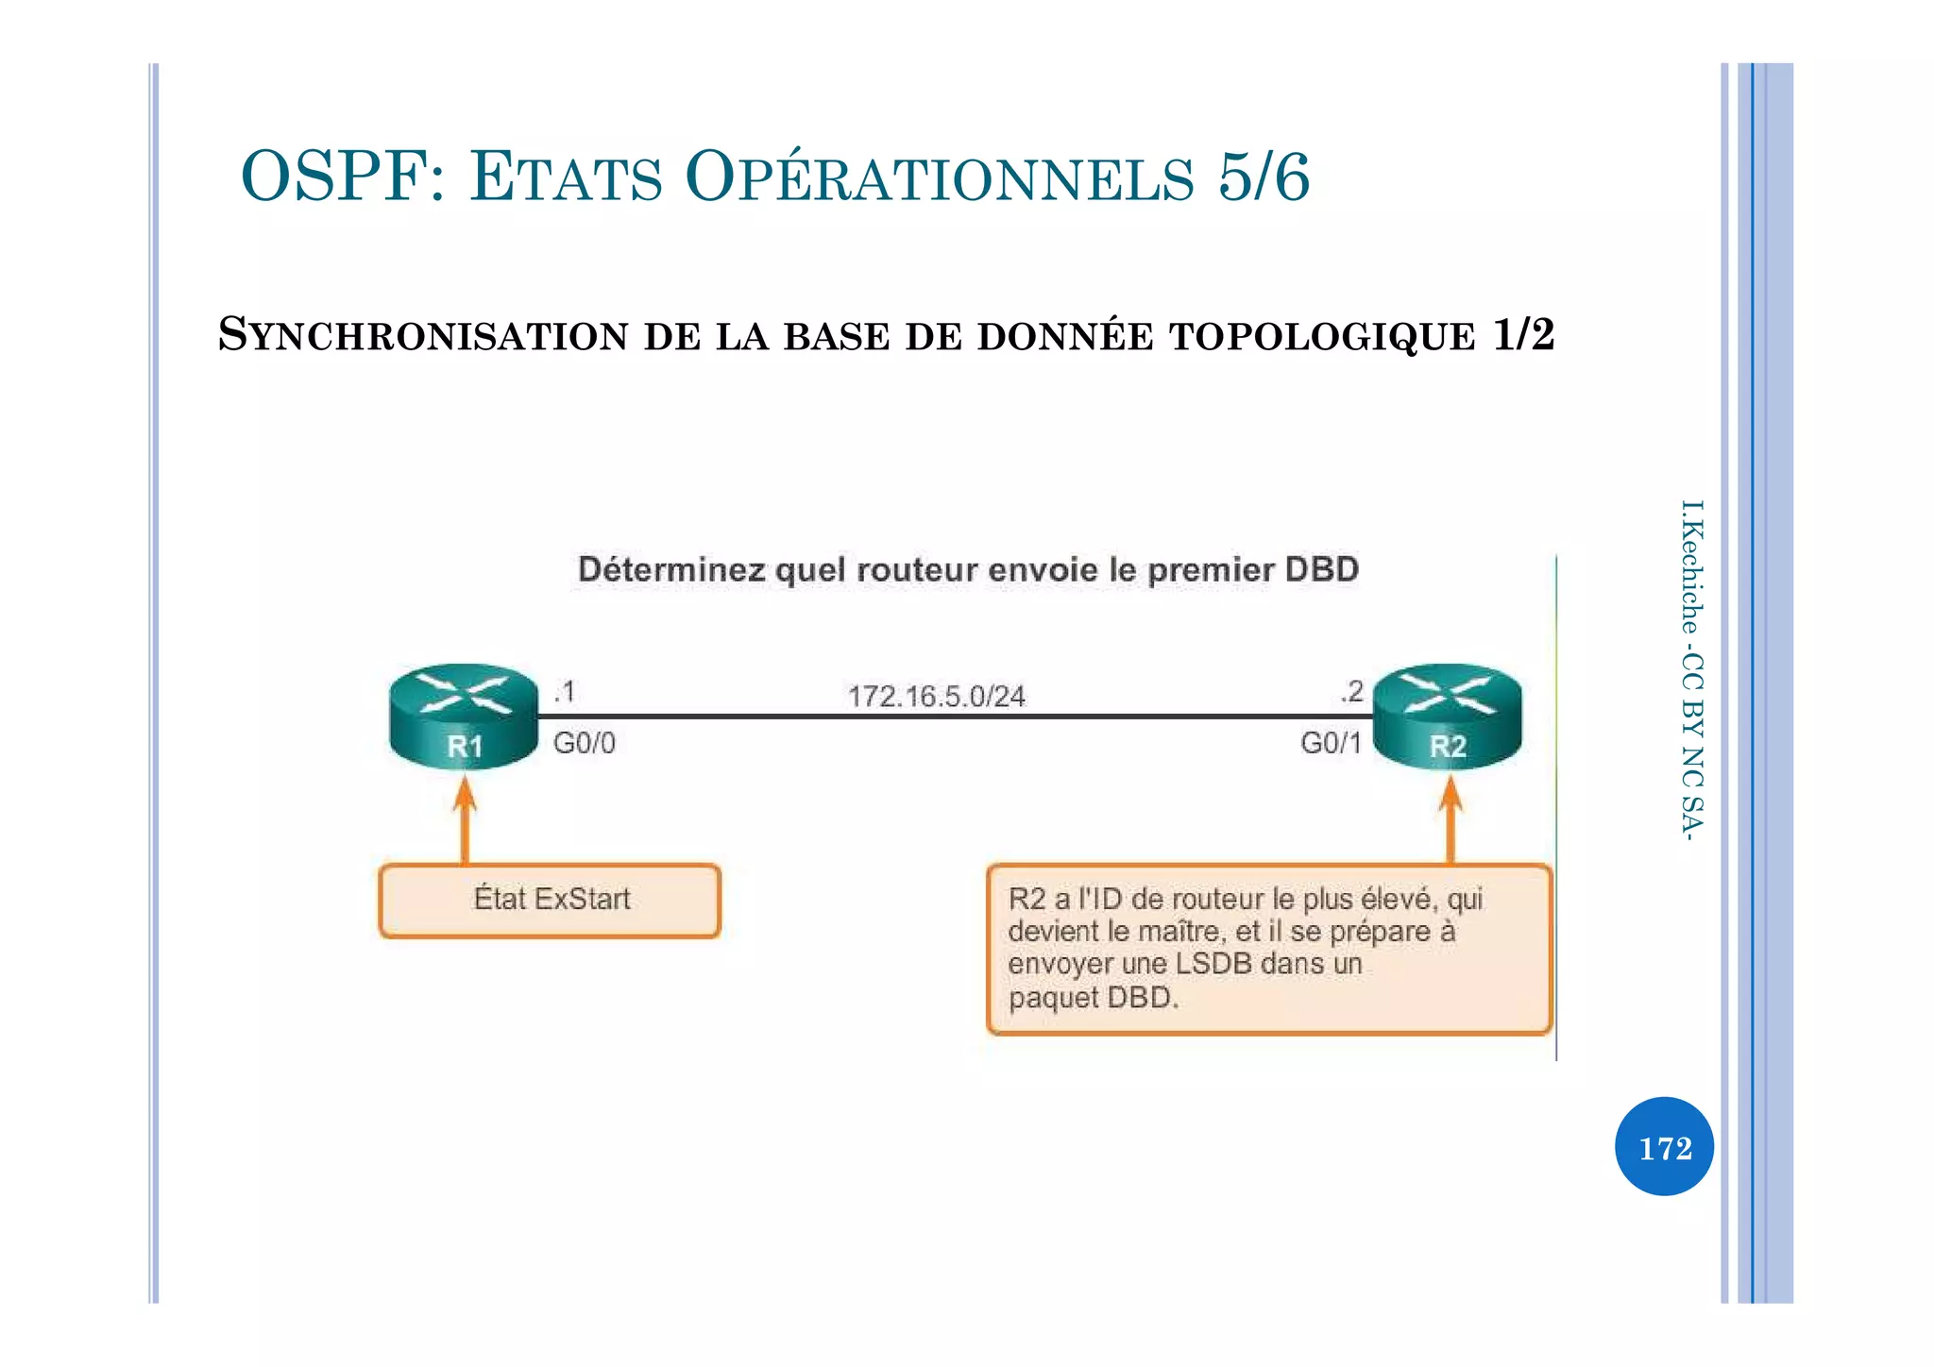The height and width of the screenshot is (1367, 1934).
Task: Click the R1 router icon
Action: [x=463, y=716]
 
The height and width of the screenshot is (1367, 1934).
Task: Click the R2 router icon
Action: [x=1447, y=716]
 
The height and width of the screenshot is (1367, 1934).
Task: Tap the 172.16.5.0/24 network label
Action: [x=936, y=697]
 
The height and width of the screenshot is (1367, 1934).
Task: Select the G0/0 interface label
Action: [x=584, y=743]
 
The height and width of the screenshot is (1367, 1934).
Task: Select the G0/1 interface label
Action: [x=1331, y=743]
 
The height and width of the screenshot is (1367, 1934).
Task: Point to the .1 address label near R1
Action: [x=565, y=692]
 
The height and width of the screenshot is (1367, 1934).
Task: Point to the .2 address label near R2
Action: [x=1351, y=692]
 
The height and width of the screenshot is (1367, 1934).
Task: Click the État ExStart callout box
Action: [x=550, y=900]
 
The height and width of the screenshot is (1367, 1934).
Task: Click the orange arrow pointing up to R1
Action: [x=464, y=819]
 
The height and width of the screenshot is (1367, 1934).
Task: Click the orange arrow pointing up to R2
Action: [x=1450, y=819]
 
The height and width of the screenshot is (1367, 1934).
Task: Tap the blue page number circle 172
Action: [x=1664, y=1147]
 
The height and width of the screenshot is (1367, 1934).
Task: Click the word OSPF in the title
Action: [x=331, y=177]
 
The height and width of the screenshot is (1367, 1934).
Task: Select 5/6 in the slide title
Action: [x=1264, y=177]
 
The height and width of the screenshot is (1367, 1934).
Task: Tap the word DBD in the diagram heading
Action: [x=1322, y=569]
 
